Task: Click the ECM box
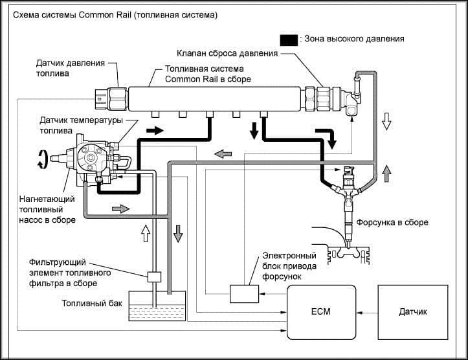322,312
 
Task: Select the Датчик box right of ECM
413,312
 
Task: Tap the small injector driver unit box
244,294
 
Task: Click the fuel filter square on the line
154,276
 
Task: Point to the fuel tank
157,306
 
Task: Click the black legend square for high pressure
289,40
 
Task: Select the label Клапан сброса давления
227,54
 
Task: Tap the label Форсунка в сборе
392,222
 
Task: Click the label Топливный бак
92,304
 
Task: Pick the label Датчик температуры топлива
81,126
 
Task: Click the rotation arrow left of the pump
42,159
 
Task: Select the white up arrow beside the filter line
146,233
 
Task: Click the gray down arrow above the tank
178,234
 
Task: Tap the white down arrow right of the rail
387,121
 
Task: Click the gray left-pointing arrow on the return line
223,154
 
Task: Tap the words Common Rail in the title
105,15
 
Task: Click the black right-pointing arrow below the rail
155,130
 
